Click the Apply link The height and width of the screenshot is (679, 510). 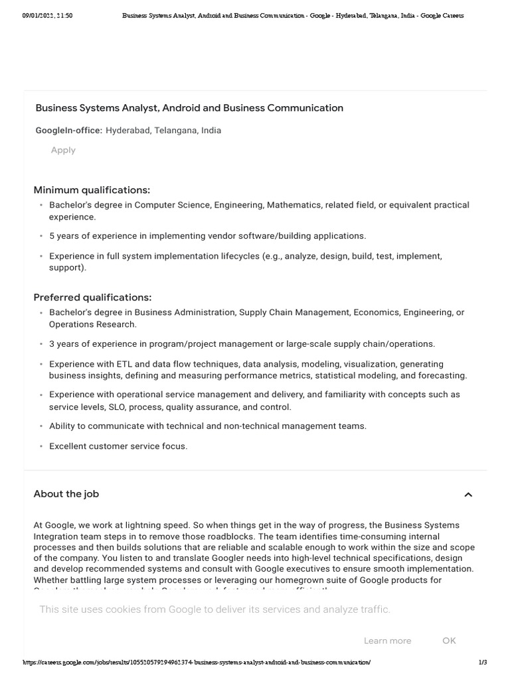pyautogui.click(x=63, y=151)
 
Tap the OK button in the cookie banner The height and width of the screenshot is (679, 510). pyautogui.click(x=449, y=641)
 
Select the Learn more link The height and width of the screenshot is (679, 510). pyautogui.click(x=387, y=641)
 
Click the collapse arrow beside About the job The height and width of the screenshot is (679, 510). pyautogui.click(x=468, y=495)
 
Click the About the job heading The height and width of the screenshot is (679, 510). pyautogui.click(x=66, y=494)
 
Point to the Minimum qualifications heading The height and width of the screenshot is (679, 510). pyautogui.click(x=92, y=190)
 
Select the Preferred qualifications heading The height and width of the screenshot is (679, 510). pyautogui.click(x=92, y=297)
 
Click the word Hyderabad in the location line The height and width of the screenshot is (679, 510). pyautogui.click(x=127, y=131)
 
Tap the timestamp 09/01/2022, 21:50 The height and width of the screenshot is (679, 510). pyautogui.click(x=47, y=15)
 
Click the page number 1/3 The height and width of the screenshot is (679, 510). pyautogui.click(x=483, y=662)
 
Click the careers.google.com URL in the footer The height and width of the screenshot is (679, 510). pyautogui.click(x=197, y=662)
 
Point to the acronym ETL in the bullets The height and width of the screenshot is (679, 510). pyautogui.click(x=125, y=364)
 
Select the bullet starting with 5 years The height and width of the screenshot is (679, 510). pyautogui.click(x=207, y=236)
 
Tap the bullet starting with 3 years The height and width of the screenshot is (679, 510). pyautogui.click(x=242, y=344)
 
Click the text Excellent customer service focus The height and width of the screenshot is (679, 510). pyautogui.click(x=118, y=446)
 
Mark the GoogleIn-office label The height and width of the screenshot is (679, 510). pyautogui.click(x=68, y=131)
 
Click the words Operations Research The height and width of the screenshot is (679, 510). pyautogui.click(x=92, y=324)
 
